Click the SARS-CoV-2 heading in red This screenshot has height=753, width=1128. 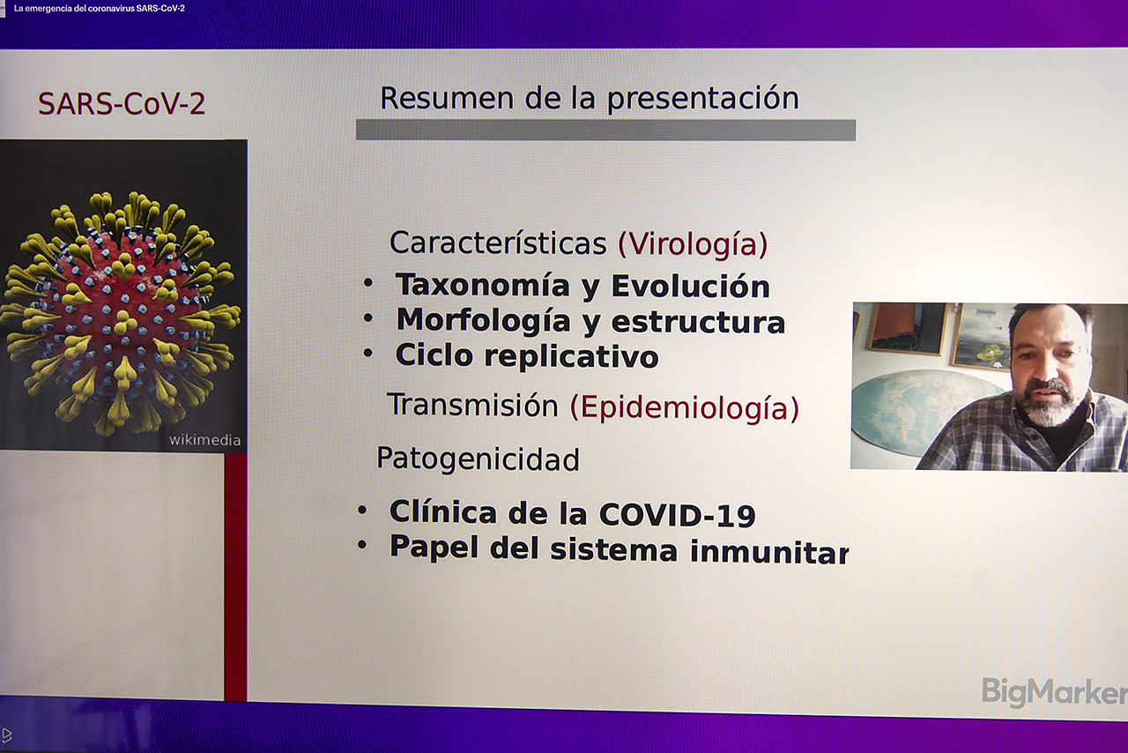(x=122, y=104)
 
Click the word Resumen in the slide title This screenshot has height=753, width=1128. (x=447, y=98)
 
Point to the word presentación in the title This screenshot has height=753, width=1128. (x=703, y=100)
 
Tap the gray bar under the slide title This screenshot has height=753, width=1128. (x=605, y=130)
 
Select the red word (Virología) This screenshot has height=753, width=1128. (x=693, y=244)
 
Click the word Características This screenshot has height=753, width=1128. (x=498, y=243)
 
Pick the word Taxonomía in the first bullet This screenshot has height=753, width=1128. (x=482, y=286)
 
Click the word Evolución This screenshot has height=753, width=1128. (x=690, y=287)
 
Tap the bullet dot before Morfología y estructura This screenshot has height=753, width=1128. (x=368, y=318)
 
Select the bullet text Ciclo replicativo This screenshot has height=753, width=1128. (x=527, y=356)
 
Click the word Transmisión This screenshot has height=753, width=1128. (x=473, y=405)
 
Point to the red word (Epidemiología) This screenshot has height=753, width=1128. (x=685, y=407)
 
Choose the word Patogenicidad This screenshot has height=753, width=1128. (x=478, y=459)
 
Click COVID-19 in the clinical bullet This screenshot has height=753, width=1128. (x=678, y=515)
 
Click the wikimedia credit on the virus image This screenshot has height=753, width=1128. (x=205, y=440)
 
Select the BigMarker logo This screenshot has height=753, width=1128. (x=1055, y=692)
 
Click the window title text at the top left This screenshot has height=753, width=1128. (x=100, y=9)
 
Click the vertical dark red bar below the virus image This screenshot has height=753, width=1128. (x=235, y=578)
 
